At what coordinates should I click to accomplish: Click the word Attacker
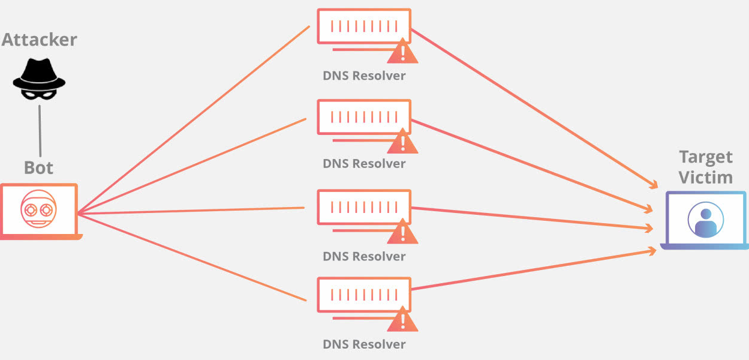(40, 40)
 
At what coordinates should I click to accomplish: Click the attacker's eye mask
(39, 95)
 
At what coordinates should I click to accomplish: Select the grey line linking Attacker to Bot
(40, 131)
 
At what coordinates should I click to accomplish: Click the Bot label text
(38, 167)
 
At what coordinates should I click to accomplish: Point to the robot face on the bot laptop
(38, 209)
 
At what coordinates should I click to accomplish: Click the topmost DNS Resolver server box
(364, 26)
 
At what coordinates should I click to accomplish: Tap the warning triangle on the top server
(402, 51)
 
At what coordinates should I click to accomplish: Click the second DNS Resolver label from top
(364, 164)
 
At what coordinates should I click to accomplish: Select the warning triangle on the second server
(402, 141)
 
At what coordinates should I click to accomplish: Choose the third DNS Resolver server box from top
(364, 207)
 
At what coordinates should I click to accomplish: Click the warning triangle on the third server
(402, 232)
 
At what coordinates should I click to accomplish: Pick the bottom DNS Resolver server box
(364, 295)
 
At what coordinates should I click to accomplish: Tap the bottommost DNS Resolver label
(364, 344)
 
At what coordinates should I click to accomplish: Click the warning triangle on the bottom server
(402, 319)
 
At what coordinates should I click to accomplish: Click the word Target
(706, 157)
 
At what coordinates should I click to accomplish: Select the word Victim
(706, 178)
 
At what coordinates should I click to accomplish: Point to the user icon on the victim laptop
(706, 220)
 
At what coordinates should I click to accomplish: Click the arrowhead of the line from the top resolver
(654, 185)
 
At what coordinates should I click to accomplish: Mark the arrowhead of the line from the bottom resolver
(652, 251)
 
